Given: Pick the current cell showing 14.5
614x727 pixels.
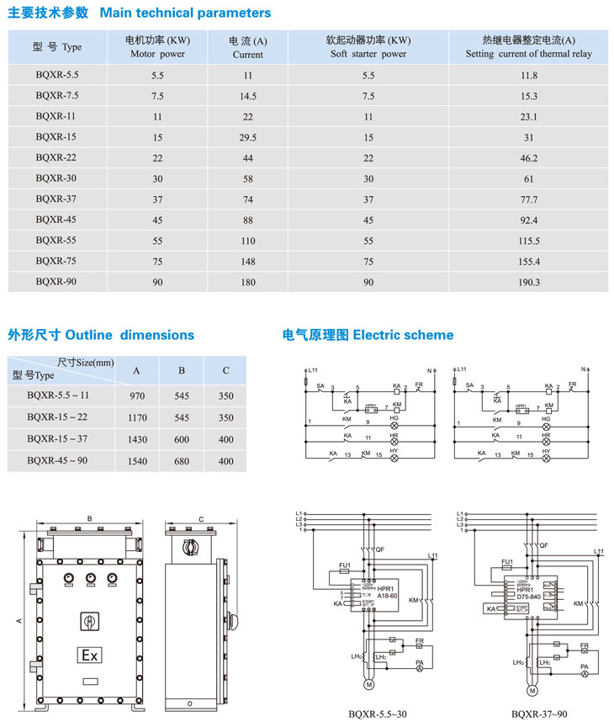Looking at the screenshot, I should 247,96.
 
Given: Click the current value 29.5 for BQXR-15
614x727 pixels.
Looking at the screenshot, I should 247,137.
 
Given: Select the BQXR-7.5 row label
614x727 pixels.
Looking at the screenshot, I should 57,96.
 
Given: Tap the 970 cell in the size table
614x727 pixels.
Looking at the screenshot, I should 137,395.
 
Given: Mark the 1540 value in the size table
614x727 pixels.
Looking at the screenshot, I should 137,461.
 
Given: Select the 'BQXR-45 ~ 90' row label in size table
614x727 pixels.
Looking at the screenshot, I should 57,460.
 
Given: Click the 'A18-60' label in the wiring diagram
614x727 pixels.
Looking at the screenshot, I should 388,594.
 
